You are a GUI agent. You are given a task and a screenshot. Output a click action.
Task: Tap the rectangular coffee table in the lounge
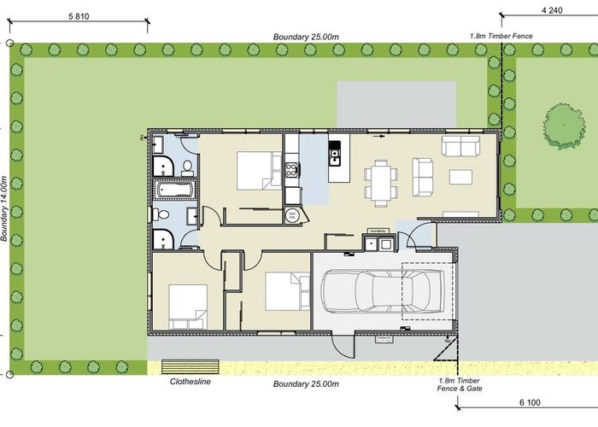tap(460, 177)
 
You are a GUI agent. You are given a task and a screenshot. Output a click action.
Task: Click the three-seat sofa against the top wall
tap(460, 146)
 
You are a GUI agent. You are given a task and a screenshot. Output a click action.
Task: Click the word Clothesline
tap(191, 382)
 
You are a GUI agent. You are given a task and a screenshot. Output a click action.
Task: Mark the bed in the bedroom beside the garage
tap(285, 291)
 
